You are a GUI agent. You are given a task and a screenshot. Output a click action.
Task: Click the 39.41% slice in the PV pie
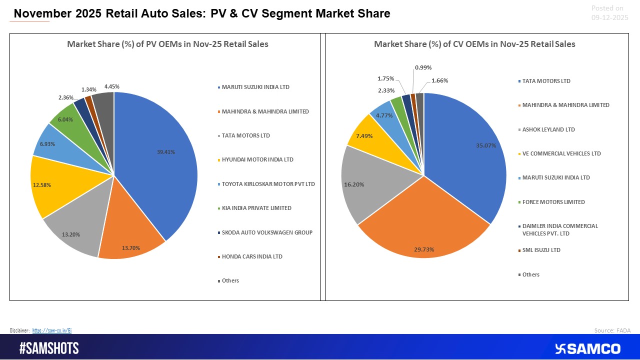point(160,160)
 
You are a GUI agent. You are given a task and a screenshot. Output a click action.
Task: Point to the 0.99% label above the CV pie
point(423,67)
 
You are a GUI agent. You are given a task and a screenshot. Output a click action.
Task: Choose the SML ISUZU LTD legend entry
point(541,250)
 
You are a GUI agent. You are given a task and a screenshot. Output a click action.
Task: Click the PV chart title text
point(168,44)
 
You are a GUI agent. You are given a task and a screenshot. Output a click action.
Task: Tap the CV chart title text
point(474,44)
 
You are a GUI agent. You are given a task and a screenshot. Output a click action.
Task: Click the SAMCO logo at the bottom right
point(588,348)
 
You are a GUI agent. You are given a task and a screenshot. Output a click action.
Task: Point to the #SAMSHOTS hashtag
point(49,348)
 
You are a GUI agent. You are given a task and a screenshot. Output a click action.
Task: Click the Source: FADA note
point(612,330)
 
